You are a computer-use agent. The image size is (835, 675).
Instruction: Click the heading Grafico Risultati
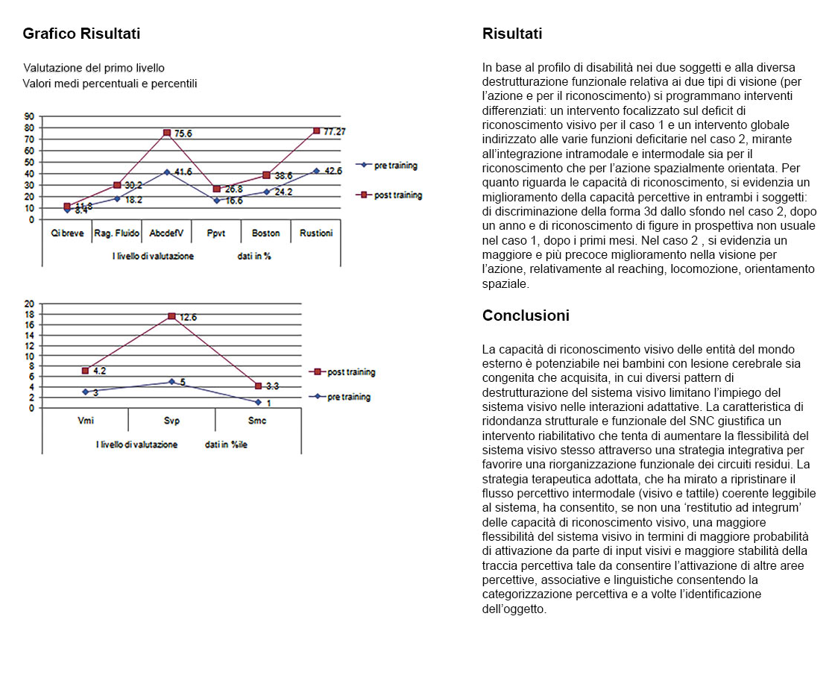click(81, 34)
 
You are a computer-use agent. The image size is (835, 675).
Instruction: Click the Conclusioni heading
click(526, 315)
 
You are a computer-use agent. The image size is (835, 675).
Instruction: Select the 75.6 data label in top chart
click(183, 134)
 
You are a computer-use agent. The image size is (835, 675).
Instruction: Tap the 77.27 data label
click(335, 131)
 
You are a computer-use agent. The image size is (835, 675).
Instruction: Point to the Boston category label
click(266, 233)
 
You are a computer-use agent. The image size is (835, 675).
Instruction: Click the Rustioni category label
click(316, 233)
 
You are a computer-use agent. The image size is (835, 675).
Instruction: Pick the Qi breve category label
click(67, 233)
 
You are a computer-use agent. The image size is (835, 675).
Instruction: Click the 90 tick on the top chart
click(31, 116)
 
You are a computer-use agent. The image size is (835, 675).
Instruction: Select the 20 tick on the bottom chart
click(31, 304)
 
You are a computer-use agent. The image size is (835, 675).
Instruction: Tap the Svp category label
click(171, 421)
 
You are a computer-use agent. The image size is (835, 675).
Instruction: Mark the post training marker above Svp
click(171, 316)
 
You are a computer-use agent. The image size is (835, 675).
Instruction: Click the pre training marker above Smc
click(258, 402)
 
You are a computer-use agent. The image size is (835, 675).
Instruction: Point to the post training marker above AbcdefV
click(167, 133)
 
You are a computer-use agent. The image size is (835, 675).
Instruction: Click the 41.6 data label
click(183, 172)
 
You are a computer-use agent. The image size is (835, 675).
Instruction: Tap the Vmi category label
click(85, 421)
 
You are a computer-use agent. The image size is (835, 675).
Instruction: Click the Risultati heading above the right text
click(512, 34)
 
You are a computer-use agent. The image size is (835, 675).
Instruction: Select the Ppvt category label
click(217, 233)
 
